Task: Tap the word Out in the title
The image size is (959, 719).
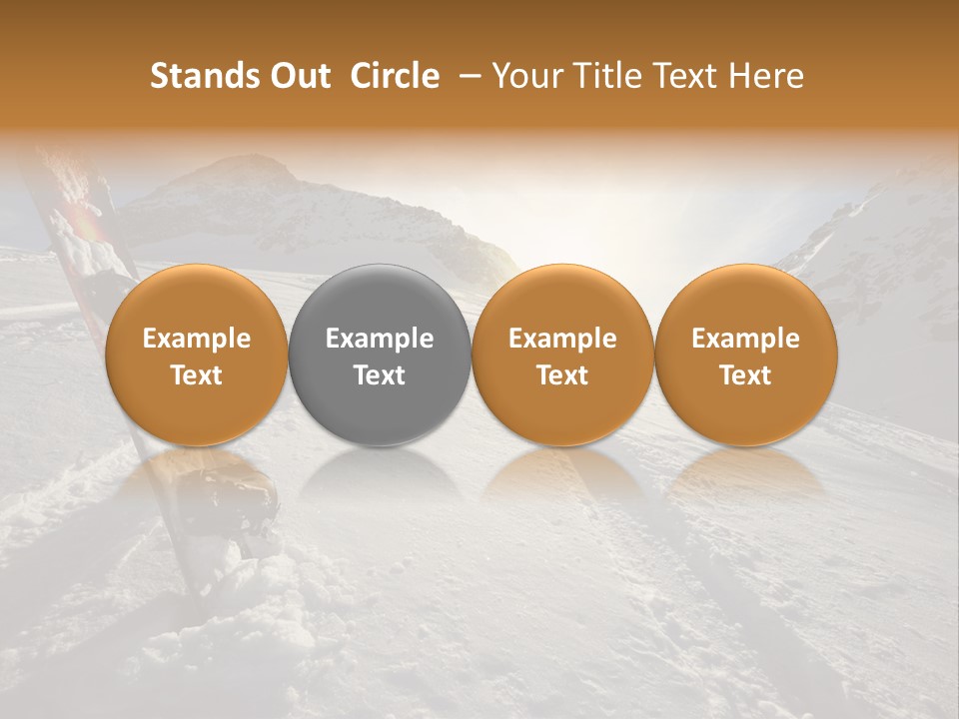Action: click(x=297, y=76)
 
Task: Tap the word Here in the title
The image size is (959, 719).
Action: click(x=766, y=76)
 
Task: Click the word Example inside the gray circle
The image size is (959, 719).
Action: click(x=380, y=339)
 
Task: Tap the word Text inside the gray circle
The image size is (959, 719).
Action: click(x=380, y=375)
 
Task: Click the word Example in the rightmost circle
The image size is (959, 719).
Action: click(x=746, y=339)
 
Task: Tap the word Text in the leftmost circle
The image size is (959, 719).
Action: click(x=196, y=375)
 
